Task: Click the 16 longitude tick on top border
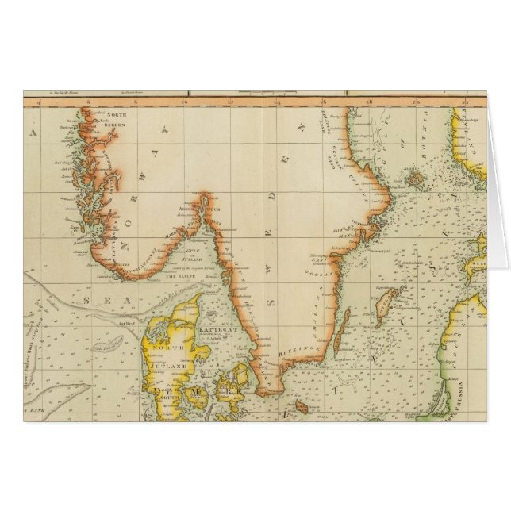[323, 101]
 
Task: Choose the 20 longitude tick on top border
[417, 101]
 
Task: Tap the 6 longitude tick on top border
[88, 101]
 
